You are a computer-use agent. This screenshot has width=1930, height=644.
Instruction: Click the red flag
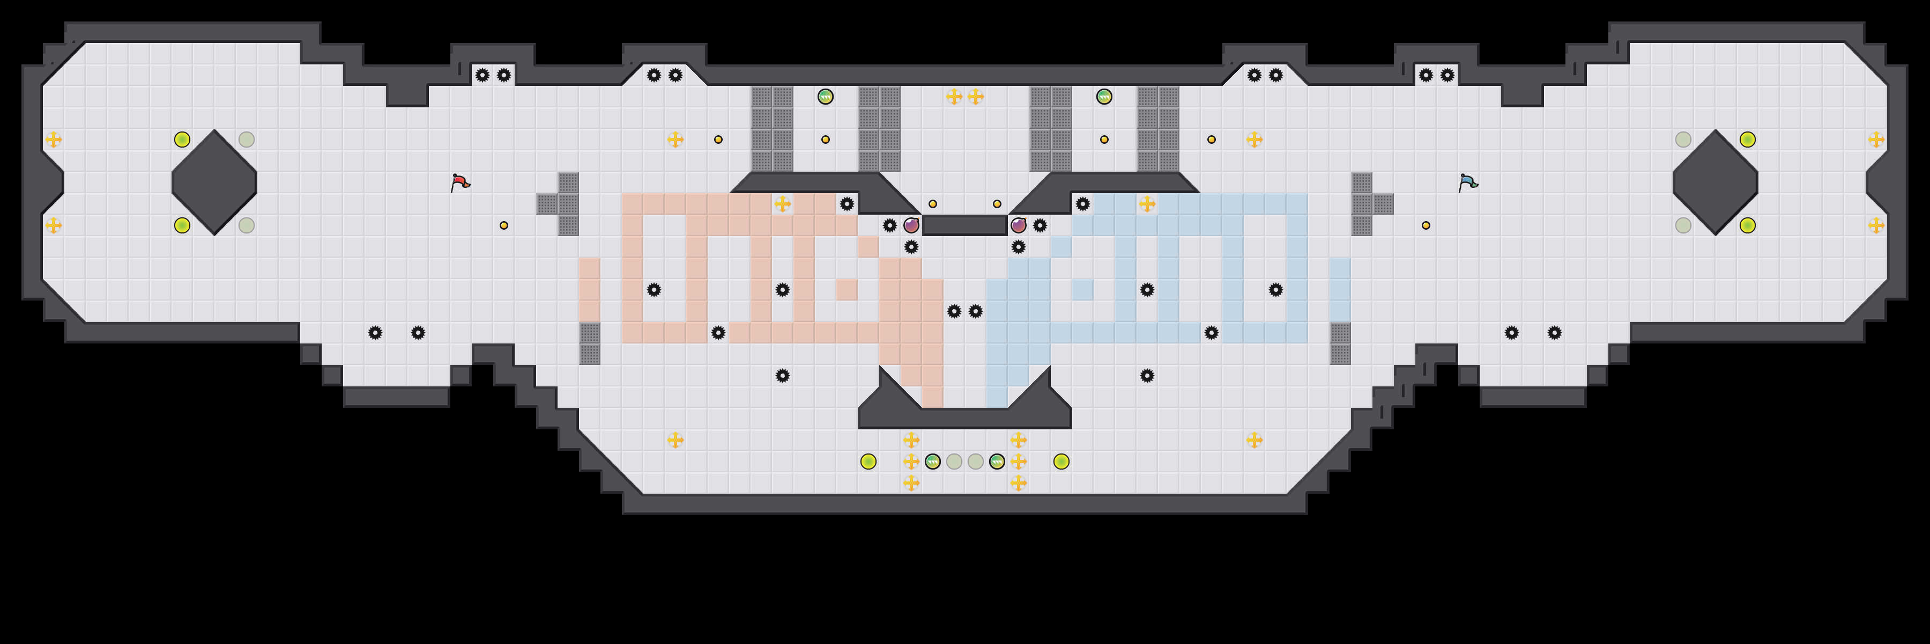tap(460, 182)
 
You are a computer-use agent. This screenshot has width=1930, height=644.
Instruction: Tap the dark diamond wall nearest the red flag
tap(214, 182)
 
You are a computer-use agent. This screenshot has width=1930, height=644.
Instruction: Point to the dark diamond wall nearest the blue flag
tap(1715, 182)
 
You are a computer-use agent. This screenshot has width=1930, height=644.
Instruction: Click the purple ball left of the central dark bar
tap(911, 225)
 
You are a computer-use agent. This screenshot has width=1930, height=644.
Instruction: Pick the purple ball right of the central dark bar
tap(1018, 225)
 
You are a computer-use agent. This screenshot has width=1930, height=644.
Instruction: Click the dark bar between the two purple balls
tap(964, 225)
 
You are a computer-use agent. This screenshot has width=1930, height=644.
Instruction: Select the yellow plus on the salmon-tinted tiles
tap(782, 204)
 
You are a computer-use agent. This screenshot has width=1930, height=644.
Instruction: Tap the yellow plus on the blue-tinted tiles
tap(1147, 204)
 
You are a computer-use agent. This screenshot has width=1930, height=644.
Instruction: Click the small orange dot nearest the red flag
tap(503, 225)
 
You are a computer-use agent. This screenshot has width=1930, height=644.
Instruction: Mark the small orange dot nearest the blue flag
tap(1426, 225)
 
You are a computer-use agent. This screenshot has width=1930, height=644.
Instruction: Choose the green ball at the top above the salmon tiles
tap(825, 97)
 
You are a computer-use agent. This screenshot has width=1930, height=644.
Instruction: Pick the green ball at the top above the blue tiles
tap(1104, 97)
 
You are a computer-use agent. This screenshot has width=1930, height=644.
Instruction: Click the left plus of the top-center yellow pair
tap(954, 97)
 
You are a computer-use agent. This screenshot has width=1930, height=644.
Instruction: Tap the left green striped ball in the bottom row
tap(932, 461)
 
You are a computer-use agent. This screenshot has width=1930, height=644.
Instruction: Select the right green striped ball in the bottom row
tap(997, 461)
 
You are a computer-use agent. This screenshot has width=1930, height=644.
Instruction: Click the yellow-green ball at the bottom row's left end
tap(867, 461)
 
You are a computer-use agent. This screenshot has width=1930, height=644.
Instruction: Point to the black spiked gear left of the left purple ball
tap(889, 225)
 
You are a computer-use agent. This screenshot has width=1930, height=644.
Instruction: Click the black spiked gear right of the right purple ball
tap(1040, 225)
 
